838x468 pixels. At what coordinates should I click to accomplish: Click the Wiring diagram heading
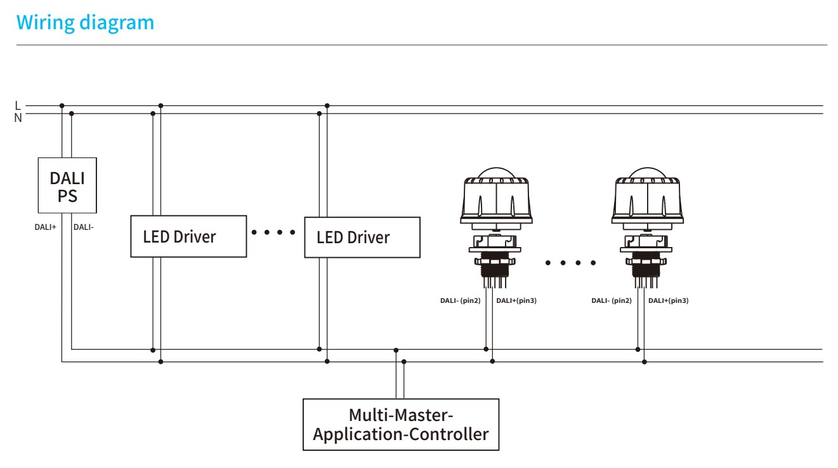(x=86, y=23)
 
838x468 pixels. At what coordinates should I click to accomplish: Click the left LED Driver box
(x=188, y=236)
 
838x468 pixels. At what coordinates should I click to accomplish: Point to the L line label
(x=17, y=105)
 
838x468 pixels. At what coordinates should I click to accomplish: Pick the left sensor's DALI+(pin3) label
(x=516, y=300)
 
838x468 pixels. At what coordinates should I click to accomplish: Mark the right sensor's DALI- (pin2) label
(x=611, y=300)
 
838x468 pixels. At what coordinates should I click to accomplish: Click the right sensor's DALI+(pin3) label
(x=668, y=300)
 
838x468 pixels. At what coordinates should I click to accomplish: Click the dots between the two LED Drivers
(x=274, y=232)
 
